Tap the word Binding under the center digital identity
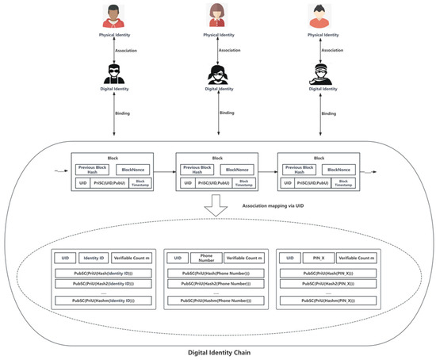(x=227, y=113)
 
